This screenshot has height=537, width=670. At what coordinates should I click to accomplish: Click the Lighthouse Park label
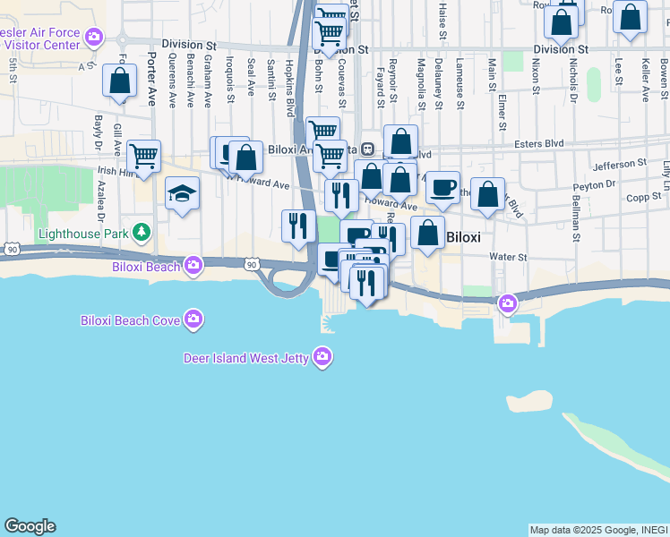click(83, 234)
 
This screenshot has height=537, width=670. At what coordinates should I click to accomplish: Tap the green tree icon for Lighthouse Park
click(141, 234)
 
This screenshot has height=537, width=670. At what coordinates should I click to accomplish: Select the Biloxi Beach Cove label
click(130, 320)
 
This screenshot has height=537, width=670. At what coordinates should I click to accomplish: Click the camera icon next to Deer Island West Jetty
click(322, 358)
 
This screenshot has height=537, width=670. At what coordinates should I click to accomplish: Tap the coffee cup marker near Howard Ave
click(442, 187)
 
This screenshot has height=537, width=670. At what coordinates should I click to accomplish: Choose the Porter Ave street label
click(150, 81)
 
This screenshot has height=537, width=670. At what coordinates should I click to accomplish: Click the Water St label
click(508, 257)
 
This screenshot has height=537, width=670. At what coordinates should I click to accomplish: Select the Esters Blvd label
click(538, 142)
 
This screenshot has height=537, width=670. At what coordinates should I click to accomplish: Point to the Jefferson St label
click(619, 164)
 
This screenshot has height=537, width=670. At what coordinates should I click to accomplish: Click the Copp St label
click(642, 198)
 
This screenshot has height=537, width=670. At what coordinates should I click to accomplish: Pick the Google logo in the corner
click(30, 526)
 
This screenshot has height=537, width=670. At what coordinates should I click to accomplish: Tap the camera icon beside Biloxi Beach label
click(193, 265)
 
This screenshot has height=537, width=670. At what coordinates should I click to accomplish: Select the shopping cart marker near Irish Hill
click(143, 156)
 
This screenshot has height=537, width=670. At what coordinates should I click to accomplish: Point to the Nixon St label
click(535, 76)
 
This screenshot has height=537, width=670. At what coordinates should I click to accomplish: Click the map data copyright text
click(598, 530)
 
